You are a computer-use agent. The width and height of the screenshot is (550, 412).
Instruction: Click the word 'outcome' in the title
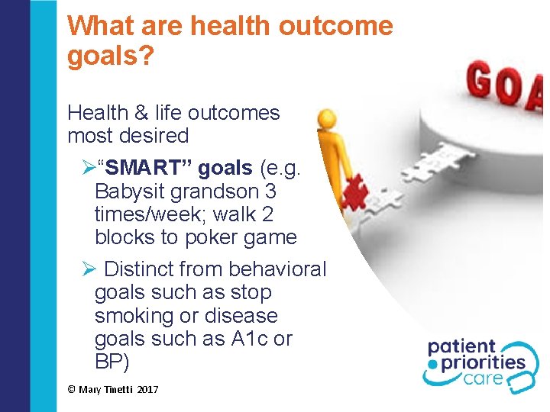click(336, 26)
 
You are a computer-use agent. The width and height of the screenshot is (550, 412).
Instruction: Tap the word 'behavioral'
click(277, 269)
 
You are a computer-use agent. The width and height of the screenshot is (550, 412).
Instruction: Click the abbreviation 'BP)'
click(112, 362)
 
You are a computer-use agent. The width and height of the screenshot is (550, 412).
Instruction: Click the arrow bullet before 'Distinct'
click(88, 269)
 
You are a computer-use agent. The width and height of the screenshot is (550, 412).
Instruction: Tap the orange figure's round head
click(327, 119)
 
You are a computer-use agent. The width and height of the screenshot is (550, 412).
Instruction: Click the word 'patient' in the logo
click(461, 346)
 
